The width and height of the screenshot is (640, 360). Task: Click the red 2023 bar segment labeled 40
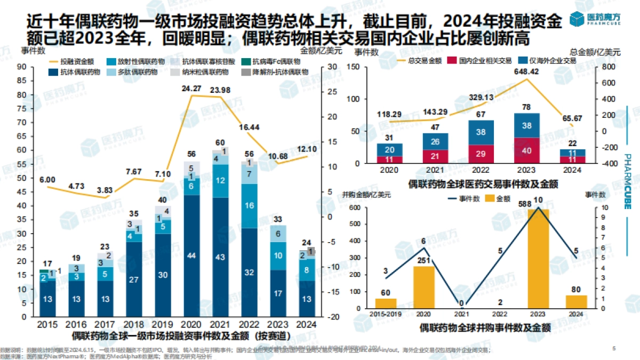click(x=526, y=151)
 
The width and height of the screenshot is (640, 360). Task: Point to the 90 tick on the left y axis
click(x=22, y=67)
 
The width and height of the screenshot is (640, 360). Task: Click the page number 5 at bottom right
click(x=613, y=348)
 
